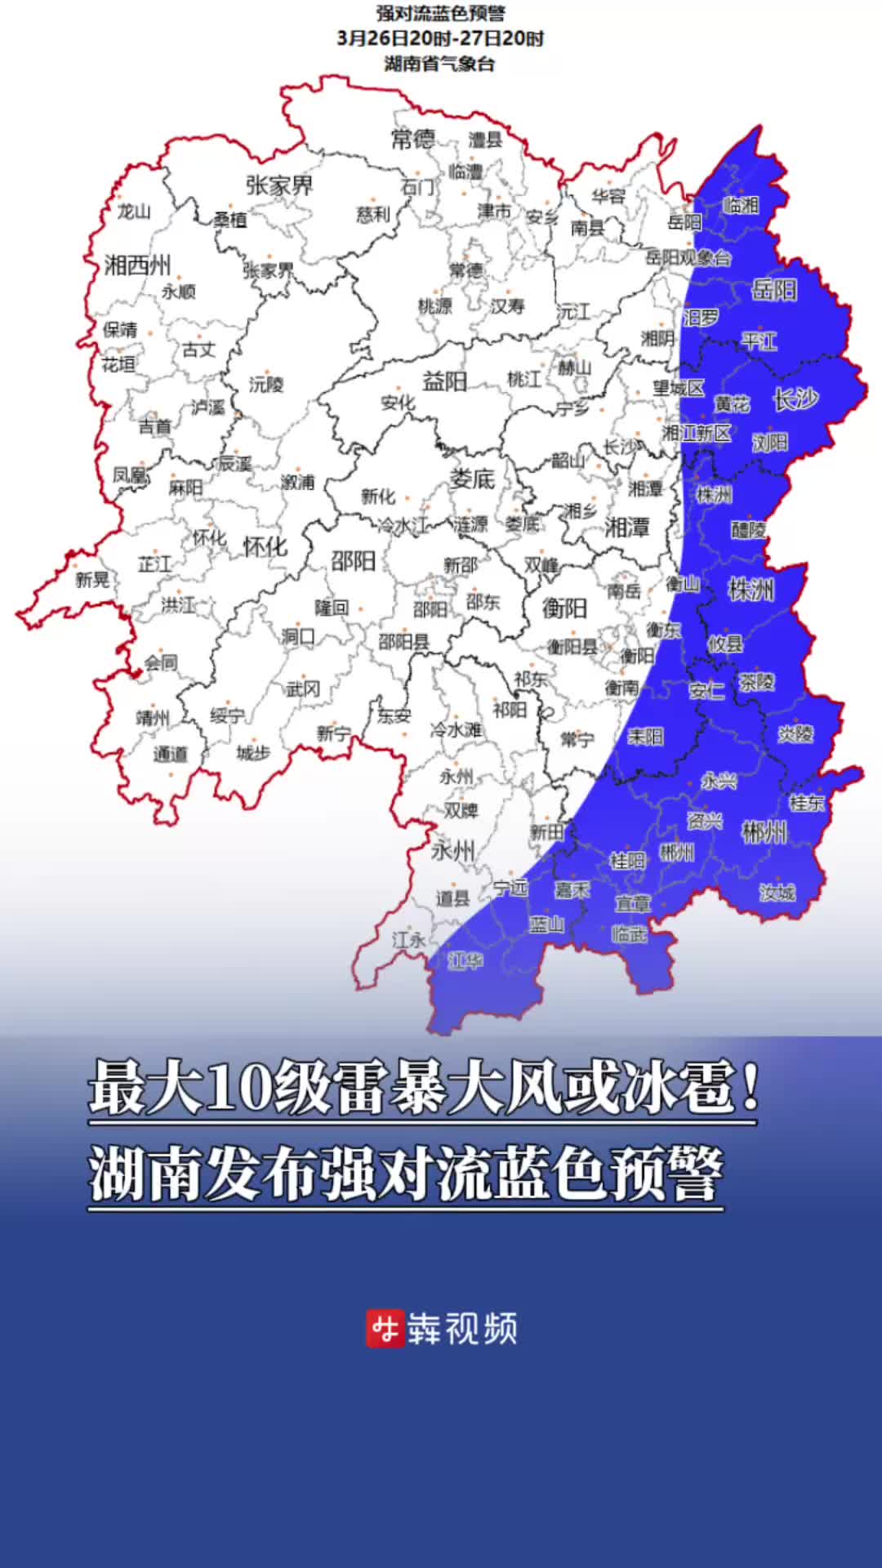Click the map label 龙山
(x=134, y=212)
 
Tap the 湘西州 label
(x=137, y=265)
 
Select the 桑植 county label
(x=230, y=219)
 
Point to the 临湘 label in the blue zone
(x=741, y=205)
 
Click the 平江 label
(x=759, y=341)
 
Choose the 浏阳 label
(x=770, y=443)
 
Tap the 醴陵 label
(x=748, y=530)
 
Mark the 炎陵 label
(x=795, y=733)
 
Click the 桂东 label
(x=807, y=803)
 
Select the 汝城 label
(x=777, y=893)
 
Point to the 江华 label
(x=465, y=961)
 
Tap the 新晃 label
(x=92, y=579)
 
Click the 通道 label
(x=170, y=754)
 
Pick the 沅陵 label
(x=266, y=384)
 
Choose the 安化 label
(x=398, y=403)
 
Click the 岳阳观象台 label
(x=688, y=258)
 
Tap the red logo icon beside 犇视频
(x=385, y=1330)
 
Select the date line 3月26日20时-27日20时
(x=440, y=38)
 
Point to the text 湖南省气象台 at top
(x=440, y=64)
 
